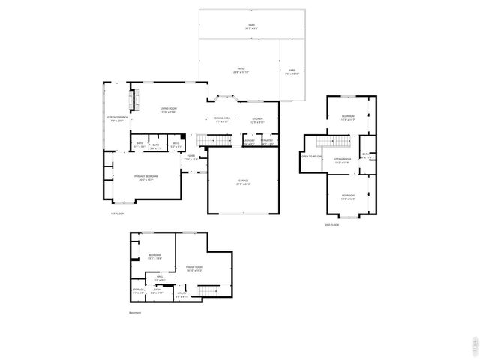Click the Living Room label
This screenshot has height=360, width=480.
[x=168, y=110]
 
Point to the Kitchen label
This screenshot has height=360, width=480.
[x=257, y=120]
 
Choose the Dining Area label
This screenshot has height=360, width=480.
[x=223, y=118]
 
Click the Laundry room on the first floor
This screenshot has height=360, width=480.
[x=249, y=140]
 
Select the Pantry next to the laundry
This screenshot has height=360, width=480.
[x=268, y=140]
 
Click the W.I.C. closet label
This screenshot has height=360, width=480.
[x=175, y=144]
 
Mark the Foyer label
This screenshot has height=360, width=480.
[x=192, y=158]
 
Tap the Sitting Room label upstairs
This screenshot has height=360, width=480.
[x=343, y=160]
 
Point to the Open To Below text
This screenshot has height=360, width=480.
[x=312, y=157]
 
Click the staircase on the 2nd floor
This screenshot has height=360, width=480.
[x=333, y=142]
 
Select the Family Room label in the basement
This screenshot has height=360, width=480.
[x=194, y=268]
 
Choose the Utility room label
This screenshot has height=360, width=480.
[x=181, y=295]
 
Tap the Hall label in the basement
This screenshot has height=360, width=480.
[x=159, y=277]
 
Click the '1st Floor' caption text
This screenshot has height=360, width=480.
[x=116, y=214]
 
